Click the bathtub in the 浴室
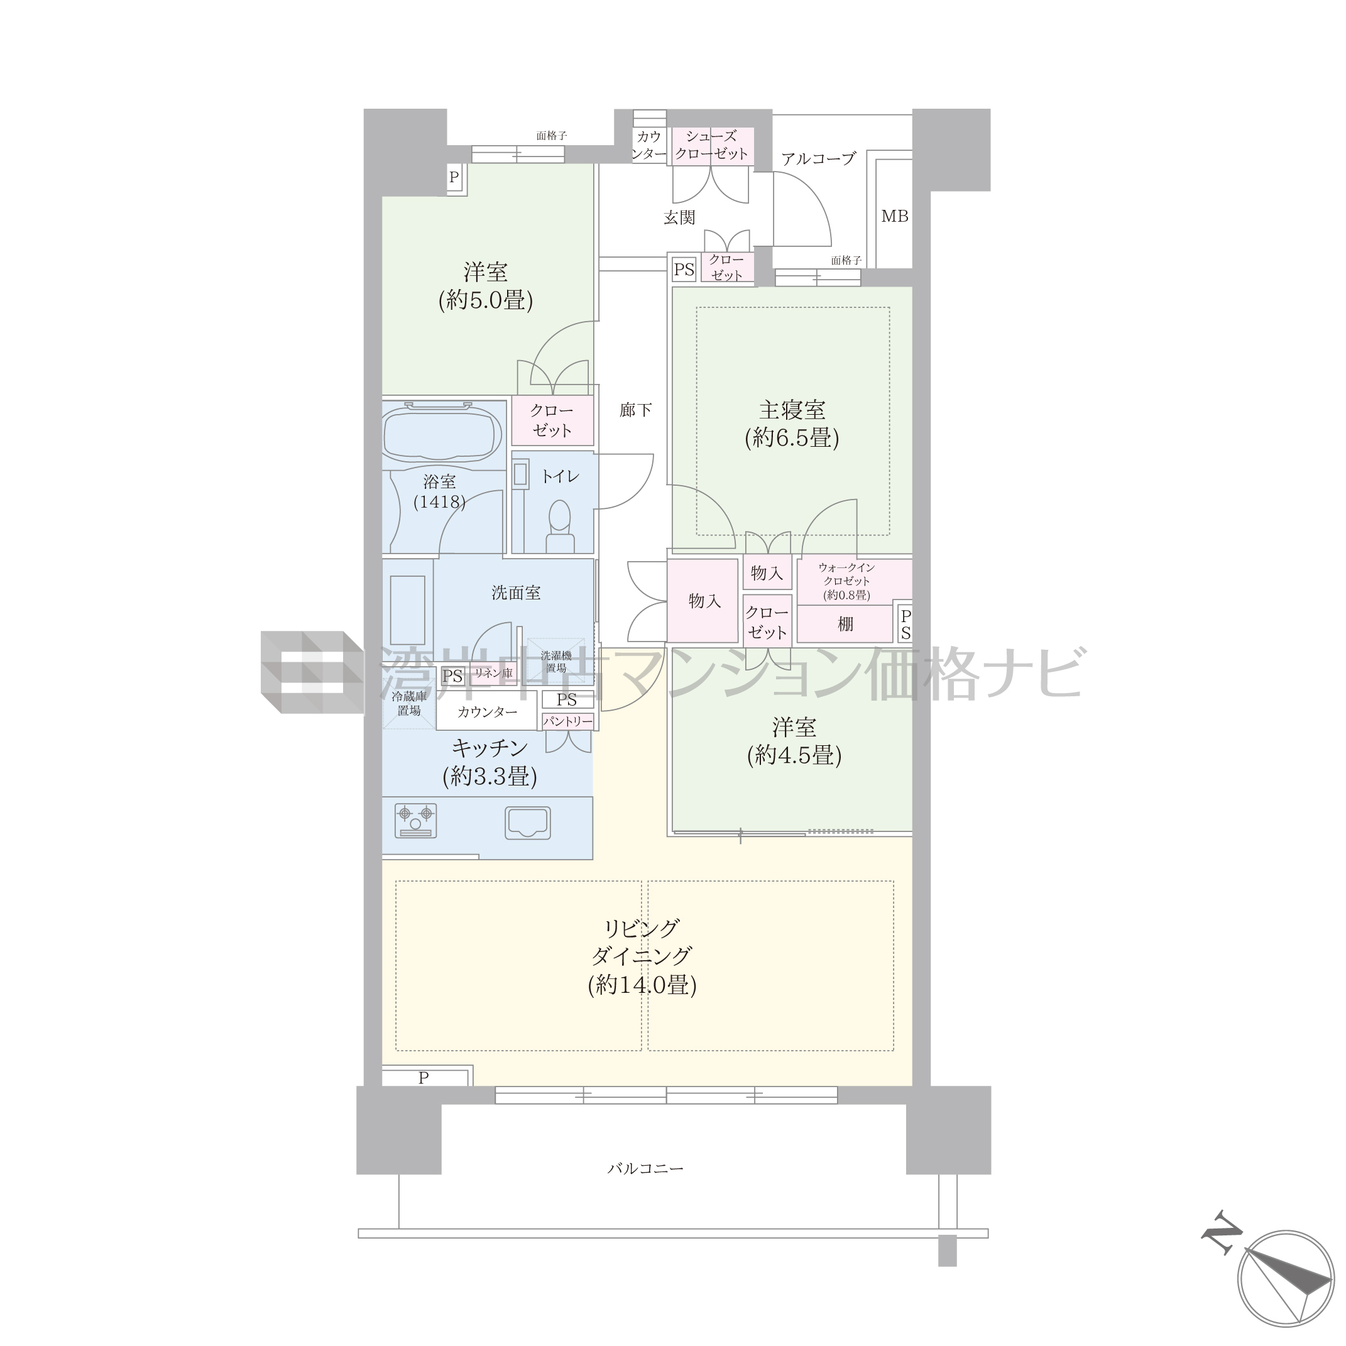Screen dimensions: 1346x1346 click(x=442, y=434)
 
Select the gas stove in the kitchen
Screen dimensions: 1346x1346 click(x=415, y=821)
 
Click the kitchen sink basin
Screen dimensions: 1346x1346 click(x=528, y=823)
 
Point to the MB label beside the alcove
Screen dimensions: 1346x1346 click(x=895, y=217)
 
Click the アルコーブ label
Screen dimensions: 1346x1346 click(x=818, y=159)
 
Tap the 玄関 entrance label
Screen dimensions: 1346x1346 click(x=679, y=218)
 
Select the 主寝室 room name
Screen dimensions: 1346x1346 click(x=792, y=410)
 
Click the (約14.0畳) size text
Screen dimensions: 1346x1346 click(x=642, y=985)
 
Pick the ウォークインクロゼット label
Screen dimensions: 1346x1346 click(x=846, y=574)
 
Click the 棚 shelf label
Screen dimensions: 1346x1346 click(x=845, y=623)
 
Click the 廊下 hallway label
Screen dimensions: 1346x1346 click(x=635, y=410)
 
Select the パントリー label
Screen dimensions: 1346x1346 click(x=568, y=721)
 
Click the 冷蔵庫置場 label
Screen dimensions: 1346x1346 click(x=409, y=704)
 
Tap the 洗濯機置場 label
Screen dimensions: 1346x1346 click(x=556, y=661)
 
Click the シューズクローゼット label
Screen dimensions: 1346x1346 click(x=711, y=145)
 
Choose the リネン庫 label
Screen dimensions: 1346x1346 click(x=493, y=673)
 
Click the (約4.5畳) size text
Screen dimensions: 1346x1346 click(x=794, y=755)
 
